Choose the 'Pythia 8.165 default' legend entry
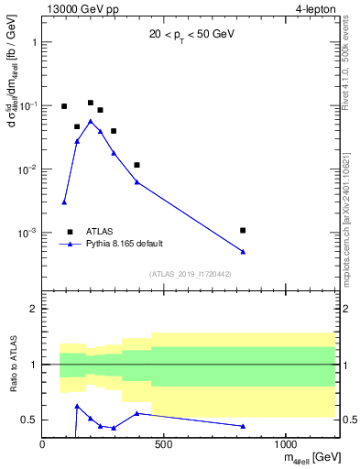[x=123, y=244]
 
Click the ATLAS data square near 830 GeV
[x=243, y=230]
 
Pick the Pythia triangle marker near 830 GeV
[x=243, y=252]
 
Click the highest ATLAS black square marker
[x=91, y=103]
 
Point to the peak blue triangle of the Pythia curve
[x=91, y=121]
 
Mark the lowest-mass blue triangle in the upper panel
[x=64, y=202]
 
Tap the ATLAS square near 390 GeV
[x=136, y=165]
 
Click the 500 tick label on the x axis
[x=164, y=445]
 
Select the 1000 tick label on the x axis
[x=286, y=445]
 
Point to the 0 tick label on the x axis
[x=42, y=445]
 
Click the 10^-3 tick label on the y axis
[x=27, y=233]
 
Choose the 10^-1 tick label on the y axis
[x=27, y=106]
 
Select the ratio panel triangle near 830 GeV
[x=243, y=426]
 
